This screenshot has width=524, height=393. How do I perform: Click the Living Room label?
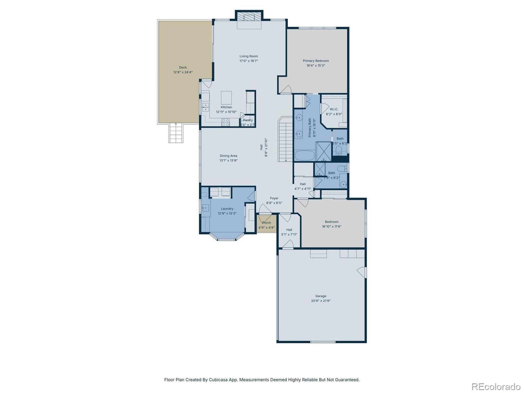(x=249, y=56)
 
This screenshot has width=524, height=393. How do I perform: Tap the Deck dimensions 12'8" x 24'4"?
(x=183, y=72)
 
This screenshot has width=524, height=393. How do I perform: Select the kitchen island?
(x=226, y=97)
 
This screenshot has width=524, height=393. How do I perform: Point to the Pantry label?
(x=248, y=120)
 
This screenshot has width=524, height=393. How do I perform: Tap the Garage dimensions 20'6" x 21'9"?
(x=321, y=301)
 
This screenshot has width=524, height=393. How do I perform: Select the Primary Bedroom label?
(x=316, y=61)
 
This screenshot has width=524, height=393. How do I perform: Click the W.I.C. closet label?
(x=334, y=109)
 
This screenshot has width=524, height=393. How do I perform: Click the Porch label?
(x=267, y=223)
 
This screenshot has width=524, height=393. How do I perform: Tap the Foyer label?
(x=274, y=198)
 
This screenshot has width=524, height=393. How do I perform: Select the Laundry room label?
(x=227, y=209)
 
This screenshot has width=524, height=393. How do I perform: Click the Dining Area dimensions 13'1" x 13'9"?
(x=228, y=160)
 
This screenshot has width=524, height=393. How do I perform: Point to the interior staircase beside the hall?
(x=285, y=139)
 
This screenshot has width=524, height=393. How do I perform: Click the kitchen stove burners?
(x=226, y=122)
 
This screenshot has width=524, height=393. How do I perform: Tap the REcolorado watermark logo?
(x=496, y=387)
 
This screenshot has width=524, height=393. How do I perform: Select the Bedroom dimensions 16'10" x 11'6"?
(x=331, y=226)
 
